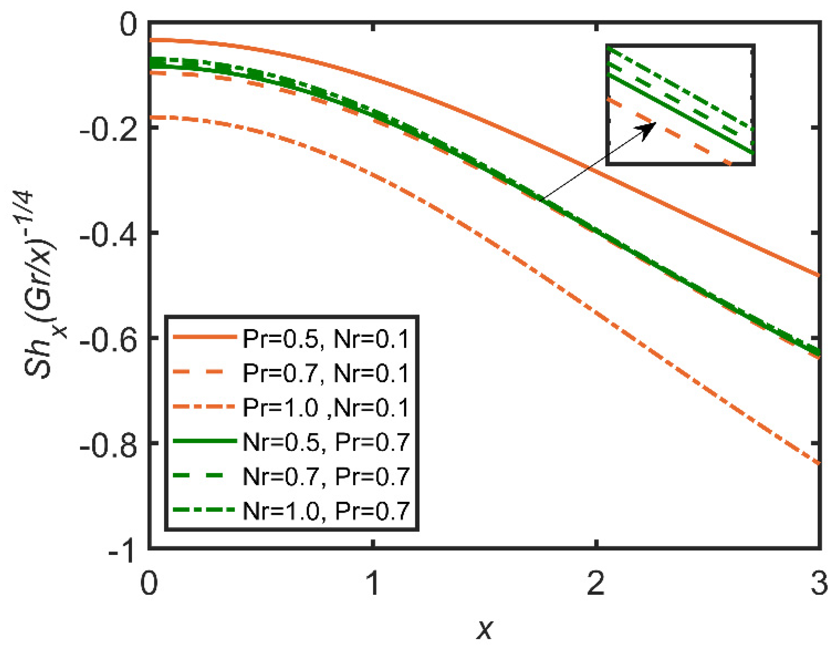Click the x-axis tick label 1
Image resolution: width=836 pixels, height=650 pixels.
[x=373, y=584]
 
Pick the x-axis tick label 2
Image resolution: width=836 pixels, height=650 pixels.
[x=596, y=584]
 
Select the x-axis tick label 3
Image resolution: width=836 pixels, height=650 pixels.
[x=819, y=584]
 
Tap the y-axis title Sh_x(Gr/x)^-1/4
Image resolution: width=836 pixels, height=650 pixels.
[x=41, y=284]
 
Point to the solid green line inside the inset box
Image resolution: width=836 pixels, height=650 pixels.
[x=680, y=114]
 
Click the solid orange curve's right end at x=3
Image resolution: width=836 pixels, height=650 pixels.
[x=819, y=275]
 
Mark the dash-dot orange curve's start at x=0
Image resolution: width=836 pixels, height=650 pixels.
[x=151, y=117]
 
